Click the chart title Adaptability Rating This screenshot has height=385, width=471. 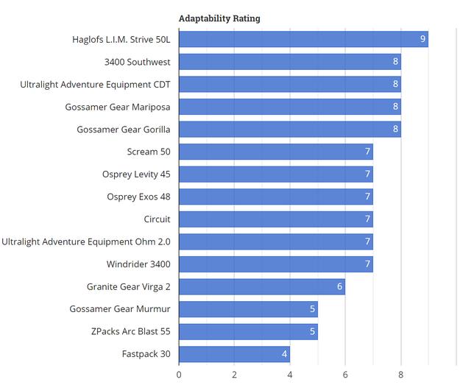click(219, 18)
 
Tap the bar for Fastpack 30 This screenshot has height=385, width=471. click(234, 354)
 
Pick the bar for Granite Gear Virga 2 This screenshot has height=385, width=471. click(261, 286)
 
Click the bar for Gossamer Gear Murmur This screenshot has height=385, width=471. click(247, 309)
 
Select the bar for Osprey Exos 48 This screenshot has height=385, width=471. click(275, 197)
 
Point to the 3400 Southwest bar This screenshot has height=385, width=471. click(289, 62)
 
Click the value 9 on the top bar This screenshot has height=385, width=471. click(423, 39)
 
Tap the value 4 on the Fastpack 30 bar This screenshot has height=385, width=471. click(284, 354)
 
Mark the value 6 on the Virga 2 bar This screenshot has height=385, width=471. click(340, 286)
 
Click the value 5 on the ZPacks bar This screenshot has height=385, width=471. click(312, 332)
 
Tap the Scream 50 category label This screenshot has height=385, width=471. click(149, 152)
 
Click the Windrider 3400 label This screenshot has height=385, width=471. click(138, 264)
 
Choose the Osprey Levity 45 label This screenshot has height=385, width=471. click(136, 174)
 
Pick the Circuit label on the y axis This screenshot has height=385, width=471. click(157, 219)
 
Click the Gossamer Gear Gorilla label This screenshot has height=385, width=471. click(124, 130)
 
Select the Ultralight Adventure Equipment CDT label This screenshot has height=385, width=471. click(95, 85)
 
